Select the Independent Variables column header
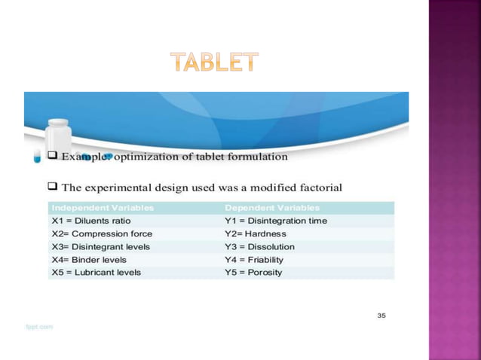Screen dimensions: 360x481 coord(103,207)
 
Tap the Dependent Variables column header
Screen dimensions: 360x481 coord(272,207)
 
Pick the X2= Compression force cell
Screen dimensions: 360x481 coord(101,233)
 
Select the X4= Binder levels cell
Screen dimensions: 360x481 coord(88,259)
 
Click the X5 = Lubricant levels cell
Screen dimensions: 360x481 coord(96,272)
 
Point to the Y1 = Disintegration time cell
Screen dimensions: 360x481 coord(276,221)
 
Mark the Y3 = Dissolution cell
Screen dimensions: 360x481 coord(259,246)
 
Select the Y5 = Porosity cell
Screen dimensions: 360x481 coord(253,272)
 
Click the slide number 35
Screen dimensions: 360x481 coord(381,315)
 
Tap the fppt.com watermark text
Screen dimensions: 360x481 coord(39,327)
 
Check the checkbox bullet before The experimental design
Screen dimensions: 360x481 coord(53,186)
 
